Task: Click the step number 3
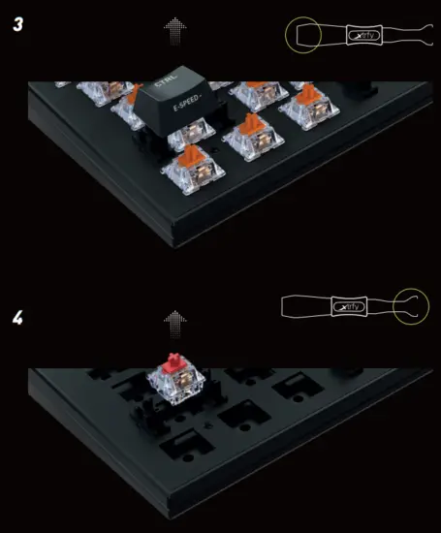(x=18, y=23)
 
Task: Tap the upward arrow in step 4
(x=174, y=321)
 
